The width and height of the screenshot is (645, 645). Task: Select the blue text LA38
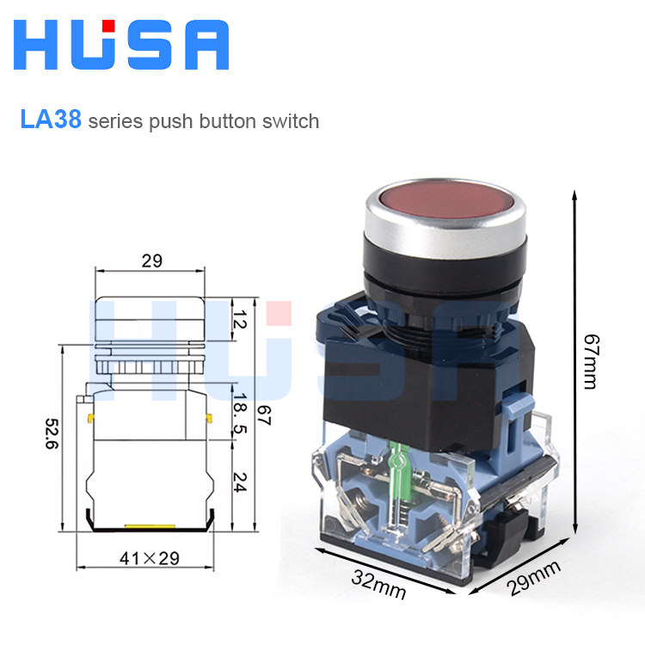point(51,120)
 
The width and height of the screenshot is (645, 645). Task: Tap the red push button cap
point(444,196)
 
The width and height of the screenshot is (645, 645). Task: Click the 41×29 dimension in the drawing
point(150,559)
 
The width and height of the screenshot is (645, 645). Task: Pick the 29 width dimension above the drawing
point(151,261)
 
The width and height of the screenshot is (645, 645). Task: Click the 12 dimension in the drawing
point(240,321)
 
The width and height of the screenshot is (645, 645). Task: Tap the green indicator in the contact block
point(398,469)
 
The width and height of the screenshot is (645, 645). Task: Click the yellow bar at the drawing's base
point(150,524)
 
